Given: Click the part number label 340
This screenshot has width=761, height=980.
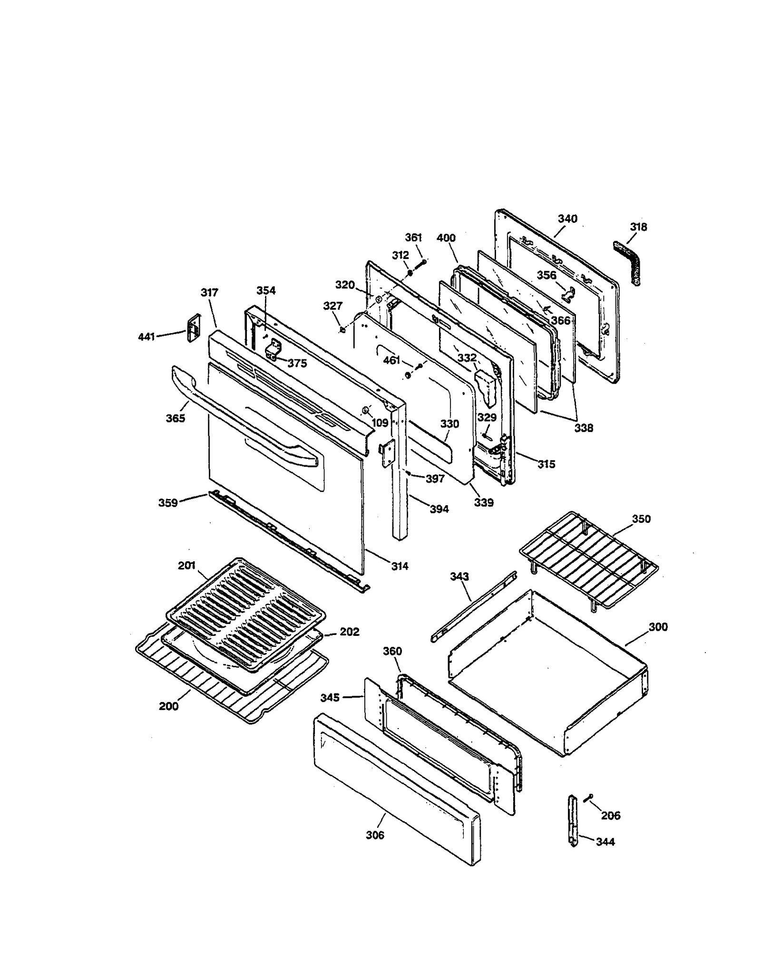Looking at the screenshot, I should point(567,219).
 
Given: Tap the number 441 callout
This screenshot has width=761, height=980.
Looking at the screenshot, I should point(146,337).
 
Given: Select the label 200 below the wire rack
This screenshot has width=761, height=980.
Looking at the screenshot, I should point(168,706).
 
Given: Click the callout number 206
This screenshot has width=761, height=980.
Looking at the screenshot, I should point(610,816).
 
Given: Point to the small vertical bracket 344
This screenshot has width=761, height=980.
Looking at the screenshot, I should point(574,820).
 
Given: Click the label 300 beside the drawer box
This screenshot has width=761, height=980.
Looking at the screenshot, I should point(658,627).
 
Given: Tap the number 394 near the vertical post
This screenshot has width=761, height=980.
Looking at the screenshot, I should point(439,509).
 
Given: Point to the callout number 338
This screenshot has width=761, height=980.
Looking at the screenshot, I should point(584,428).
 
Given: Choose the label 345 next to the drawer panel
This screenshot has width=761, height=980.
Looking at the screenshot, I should point(330,697).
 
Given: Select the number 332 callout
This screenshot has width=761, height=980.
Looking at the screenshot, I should point(467,357).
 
